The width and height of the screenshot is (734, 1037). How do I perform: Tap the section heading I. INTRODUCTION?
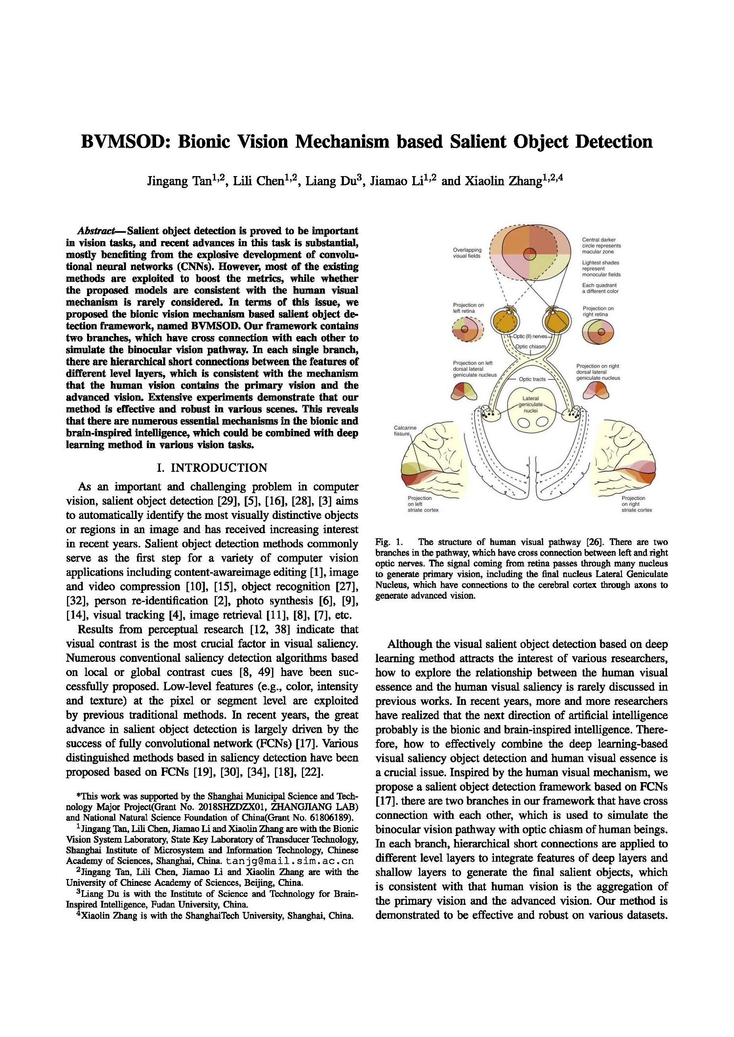(212, 468)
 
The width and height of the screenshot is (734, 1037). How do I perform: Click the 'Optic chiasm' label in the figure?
(530, 346)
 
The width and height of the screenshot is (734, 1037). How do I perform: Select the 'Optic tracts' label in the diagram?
(532, 379)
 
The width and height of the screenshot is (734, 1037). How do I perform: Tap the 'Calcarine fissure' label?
(405, 430)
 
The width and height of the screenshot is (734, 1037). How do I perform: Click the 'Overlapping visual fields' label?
(467, 252)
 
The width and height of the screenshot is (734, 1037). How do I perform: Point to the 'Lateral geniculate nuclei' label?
(531, 405)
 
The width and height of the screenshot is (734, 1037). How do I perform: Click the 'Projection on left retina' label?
(468, 308)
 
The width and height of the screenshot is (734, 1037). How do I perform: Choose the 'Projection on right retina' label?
(598, 311)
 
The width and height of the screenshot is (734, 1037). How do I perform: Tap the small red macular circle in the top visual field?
(530, 254)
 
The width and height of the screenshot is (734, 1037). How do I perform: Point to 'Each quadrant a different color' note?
(600, 288)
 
